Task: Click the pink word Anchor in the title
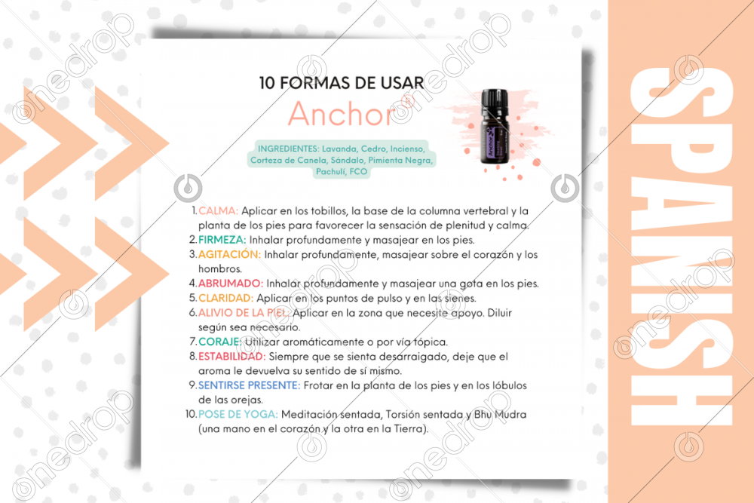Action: pyautogui.click(x=342, y=114)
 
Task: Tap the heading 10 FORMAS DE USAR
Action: pyautogui.click(x=342, y=83)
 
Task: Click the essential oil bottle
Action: pyautogui.click(x=495, y=127)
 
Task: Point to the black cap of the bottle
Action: pyautogui.click(x=495, y=100)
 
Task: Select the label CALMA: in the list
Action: pyautogui.click(x=219, y=210)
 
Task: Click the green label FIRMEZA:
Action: pyautogui.click(x=222, y=240)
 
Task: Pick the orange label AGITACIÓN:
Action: pyautogui.click(x=229, y=254)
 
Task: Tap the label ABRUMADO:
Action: pyautogui.click(x=231, y=284)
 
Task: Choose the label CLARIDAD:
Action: pyautogui.click(x=225, y=298)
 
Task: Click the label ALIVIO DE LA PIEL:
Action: pyautogui.click(x=244, y=312)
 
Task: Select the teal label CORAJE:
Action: pyautogui.click(x=220, y=342)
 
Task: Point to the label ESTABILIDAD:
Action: pyautogui.click(x=231, y=357)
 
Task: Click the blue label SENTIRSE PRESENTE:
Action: pyautogui.click(x=249, y=385)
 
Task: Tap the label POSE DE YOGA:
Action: pyautogui.click(x=238, y=414)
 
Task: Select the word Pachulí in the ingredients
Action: pyautogui.click(x=331, y=172)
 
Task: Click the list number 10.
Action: pyautogui.click(x=191, y=414)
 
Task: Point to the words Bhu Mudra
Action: pyautogui.click(x=500, y=414)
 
